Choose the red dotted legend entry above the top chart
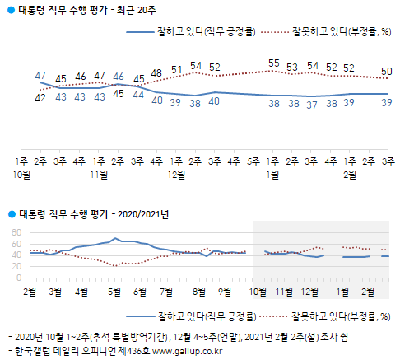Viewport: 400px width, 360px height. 329,32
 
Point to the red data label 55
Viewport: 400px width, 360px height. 274,63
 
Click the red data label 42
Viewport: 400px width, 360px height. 40,98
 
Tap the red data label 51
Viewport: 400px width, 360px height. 176,70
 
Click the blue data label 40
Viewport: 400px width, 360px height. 214,101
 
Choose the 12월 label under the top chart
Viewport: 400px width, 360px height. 175,175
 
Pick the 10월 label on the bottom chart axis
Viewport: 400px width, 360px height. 258,291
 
